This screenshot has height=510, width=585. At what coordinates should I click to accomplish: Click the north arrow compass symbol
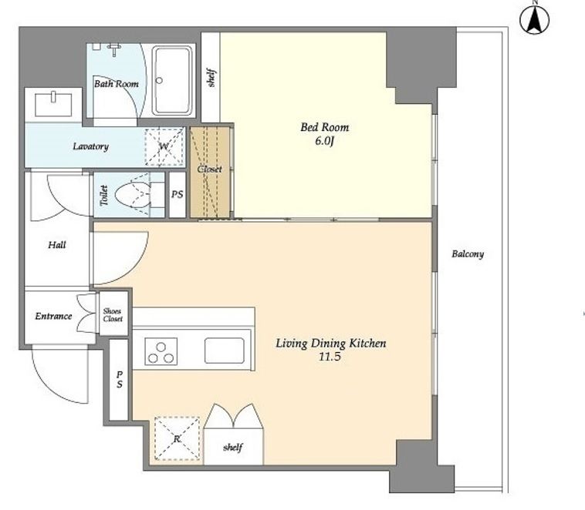[534, 19]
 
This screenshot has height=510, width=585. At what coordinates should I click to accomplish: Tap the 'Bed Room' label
[325, 127]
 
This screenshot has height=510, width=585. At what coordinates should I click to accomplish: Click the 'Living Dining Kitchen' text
[330, 343]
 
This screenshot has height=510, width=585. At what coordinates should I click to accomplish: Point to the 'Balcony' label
[468, 254]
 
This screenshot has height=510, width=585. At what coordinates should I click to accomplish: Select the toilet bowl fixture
[133, 194]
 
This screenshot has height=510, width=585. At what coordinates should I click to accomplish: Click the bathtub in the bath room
[172, 79]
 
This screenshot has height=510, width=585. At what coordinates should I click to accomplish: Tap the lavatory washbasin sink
[53, 104]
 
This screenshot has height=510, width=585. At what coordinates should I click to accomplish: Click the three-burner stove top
[161, 351]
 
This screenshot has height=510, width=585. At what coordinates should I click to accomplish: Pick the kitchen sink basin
[225, 351]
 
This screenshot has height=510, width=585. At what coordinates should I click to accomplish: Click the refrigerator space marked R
[177, 438]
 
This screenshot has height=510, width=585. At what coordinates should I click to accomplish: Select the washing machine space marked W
[164, 146]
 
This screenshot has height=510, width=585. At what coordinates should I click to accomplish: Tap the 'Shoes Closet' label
[113, 315]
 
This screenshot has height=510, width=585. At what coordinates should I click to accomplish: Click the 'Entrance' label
[53, 317]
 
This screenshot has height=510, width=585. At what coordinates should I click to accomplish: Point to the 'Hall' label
[57, 245]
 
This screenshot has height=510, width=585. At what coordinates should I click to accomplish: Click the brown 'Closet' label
[209, 169]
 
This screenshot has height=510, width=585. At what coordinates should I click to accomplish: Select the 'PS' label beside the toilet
[178, 194]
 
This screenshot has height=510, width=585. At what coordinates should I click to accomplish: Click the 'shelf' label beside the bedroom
[211, 78]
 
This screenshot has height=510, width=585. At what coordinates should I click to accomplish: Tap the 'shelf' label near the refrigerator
[233, 447]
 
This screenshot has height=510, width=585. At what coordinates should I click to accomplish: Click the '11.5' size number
[330, 357]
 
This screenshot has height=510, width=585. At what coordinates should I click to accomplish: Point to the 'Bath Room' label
[117, 84]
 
